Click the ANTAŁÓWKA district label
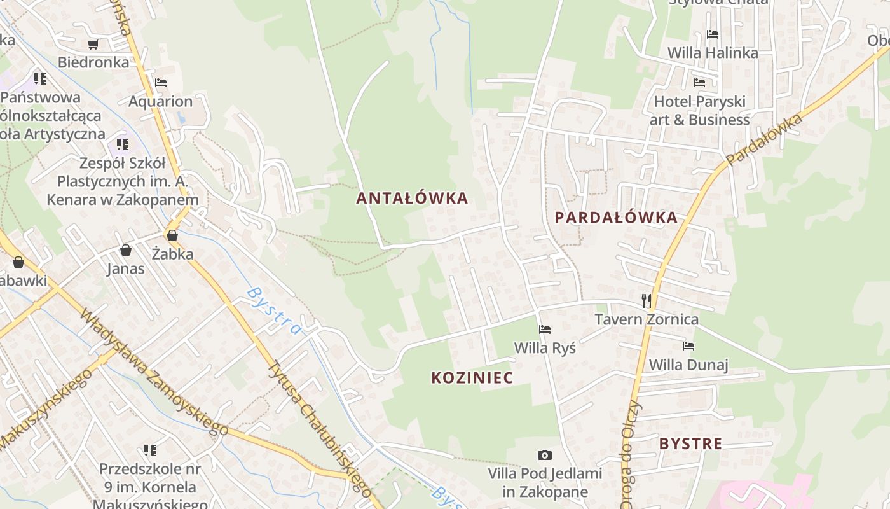click(x=412, y=199)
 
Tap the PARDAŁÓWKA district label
click(x=616, y=218)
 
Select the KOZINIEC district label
click(x=472, y=378)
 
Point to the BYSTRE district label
click(x=690, y=443)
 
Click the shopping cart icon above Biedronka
click(x=93, y=44)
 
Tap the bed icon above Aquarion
click(x=161, y=83)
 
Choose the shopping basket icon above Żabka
click(x=172, y=235)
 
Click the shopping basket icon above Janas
click(x=126, y=250)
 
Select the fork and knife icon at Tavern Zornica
click(x=647, y=300)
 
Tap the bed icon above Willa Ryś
click(x=545, y=330)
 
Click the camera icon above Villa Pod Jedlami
click(x=544, y=455)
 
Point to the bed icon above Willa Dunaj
click(x=688, y=346)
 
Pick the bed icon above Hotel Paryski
click(x=699, y=83)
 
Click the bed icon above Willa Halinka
click(x=713, y=34)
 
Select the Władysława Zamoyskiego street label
click(x=153, y=372)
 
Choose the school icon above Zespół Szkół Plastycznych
click(x=123, y=144)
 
